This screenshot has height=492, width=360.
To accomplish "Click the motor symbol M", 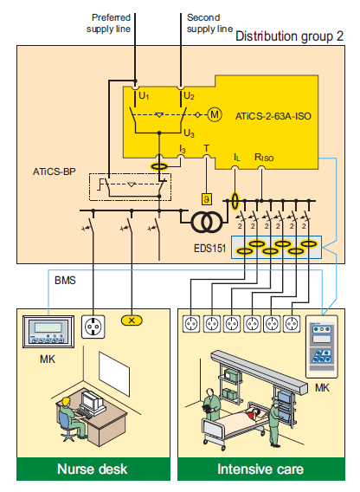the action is pos(215,114).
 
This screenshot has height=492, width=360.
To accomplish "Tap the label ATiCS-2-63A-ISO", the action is pos(273,116).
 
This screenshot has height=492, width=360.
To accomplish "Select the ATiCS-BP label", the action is pos(55,172).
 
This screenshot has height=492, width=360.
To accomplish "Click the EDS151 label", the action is pos(209,249).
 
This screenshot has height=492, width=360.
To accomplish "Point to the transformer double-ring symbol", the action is pos(207,222).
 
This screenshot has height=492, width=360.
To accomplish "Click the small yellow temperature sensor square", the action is pos(206,199).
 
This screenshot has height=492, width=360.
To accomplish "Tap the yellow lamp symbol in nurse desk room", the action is pos(132,320).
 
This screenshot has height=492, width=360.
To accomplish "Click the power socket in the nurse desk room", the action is pos(93,327).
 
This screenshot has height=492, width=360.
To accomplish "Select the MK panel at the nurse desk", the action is pos(48,332).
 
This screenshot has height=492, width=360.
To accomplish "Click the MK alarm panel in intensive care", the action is pos(322,346).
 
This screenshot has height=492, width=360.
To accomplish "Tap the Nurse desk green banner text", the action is pos(93,469).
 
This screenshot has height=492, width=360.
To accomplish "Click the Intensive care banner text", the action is pos(260,469).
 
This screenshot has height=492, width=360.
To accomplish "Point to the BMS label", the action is pos(65,280).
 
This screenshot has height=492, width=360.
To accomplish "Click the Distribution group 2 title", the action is pos(289,36).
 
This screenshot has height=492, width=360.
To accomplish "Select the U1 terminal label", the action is pos(144,96).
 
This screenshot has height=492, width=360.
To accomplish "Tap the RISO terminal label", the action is pos(264,157).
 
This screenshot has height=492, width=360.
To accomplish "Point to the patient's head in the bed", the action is pos(254,411).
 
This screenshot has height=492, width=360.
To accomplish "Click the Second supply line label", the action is pos(209,23).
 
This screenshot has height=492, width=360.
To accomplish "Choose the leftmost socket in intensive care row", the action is pos(191,323).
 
